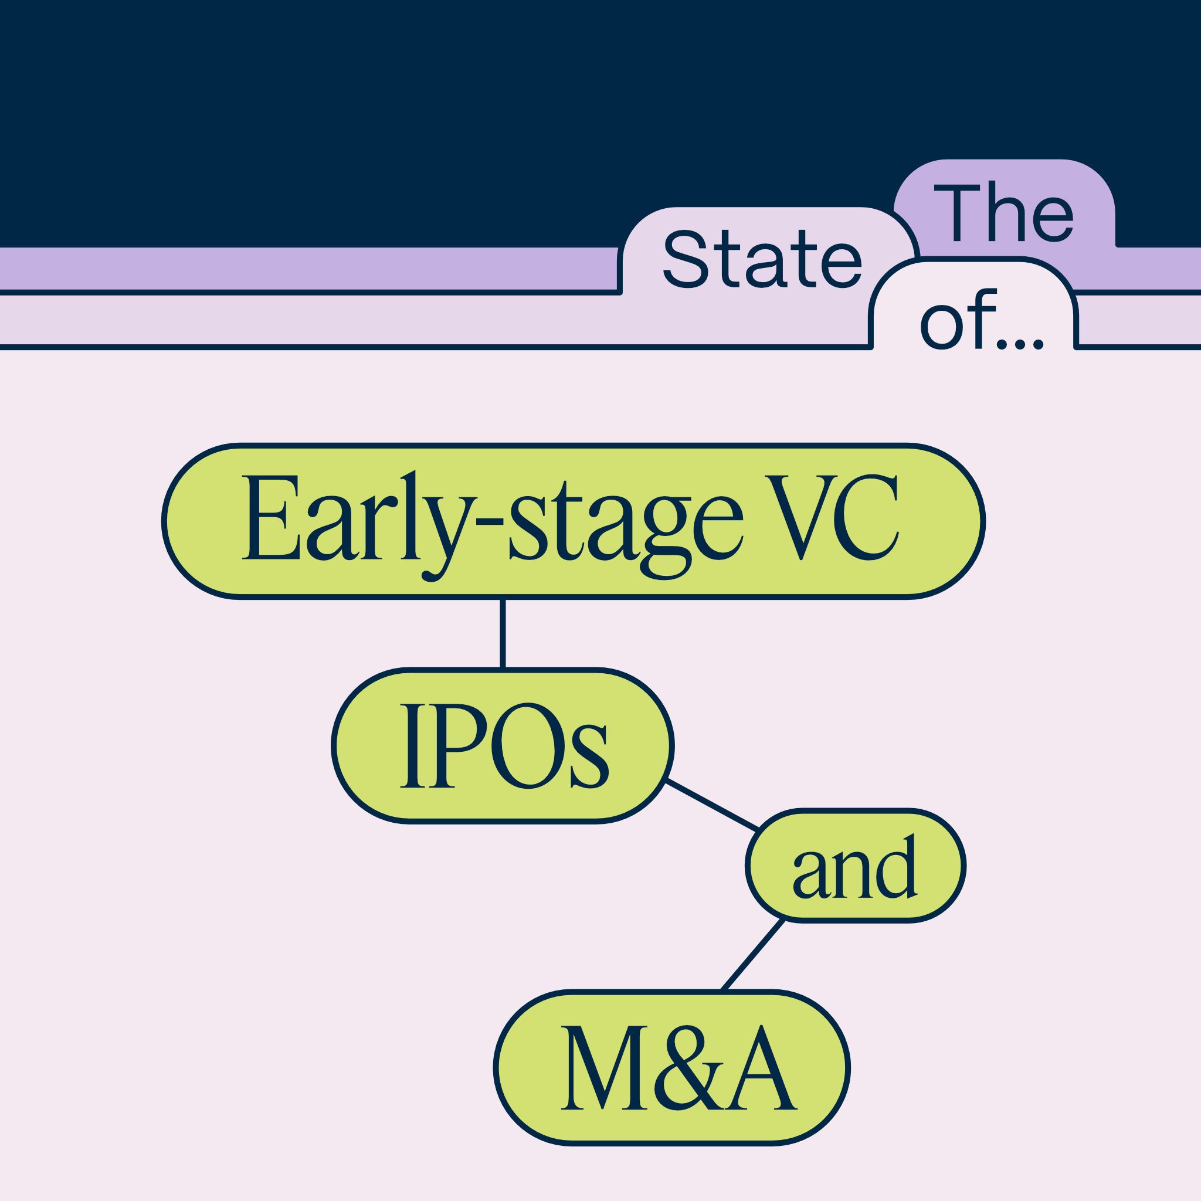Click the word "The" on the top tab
point(1003,211)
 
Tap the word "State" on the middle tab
point(762,259)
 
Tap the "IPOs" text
point(504,747)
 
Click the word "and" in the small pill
point(856,867)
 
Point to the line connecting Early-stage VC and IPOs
point(503,633)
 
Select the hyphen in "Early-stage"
point(489,522)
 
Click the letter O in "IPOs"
point(528,746)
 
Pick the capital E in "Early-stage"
point(270,518)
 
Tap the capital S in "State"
point(686,259)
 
